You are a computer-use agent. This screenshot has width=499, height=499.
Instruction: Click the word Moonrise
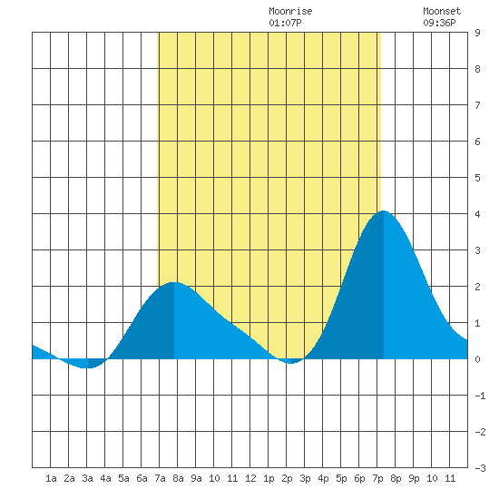290,11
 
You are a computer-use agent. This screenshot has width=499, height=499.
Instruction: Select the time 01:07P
285,23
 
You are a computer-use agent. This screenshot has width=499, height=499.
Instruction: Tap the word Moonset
442,11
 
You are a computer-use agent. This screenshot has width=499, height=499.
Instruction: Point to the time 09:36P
439,23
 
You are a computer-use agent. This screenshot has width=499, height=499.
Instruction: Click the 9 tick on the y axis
477,33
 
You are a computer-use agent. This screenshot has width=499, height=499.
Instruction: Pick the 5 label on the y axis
477,178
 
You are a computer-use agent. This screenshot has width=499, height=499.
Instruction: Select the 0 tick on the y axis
477,359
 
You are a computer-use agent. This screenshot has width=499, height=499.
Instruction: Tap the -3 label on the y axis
480,468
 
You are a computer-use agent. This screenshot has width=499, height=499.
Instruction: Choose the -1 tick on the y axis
480,396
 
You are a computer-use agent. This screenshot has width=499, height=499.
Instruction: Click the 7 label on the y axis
477,105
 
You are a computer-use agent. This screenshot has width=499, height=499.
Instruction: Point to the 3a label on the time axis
87,478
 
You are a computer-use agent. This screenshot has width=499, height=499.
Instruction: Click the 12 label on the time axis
250,478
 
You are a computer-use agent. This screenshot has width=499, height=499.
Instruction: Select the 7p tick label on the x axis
377,478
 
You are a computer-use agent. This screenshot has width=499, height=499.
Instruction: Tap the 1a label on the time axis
51,478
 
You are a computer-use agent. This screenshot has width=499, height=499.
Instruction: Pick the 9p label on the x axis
414,478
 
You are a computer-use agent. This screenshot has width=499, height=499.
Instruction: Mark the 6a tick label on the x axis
142,478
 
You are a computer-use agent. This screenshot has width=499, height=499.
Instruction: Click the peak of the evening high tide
384,210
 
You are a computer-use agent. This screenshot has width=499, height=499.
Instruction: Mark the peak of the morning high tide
174,282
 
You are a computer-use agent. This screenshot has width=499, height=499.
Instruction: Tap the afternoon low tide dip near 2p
291,363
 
